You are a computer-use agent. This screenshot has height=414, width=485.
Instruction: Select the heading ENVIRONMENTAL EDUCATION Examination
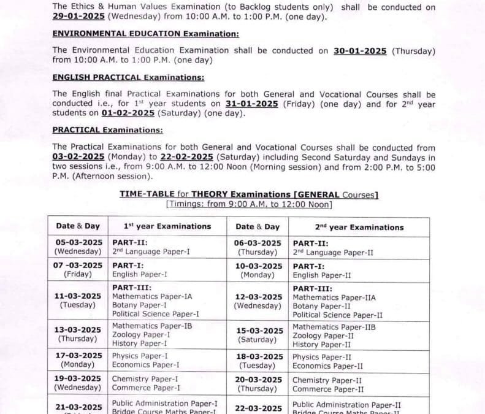coord(146,34)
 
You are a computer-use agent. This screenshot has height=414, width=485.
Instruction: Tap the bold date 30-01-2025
coord(360,51)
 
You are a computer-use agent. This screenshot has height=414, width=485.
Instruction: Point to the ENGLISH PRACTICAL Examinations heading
coord(128,77)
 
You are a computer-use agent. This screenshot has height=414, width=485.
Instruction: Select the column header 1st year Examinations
coord(167,226)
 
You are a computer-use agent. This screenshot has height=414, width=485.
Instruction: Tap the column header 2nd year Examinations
coord(359,227)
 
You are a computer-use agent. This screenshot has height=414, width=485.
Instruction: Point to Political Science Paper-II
coord(337,315)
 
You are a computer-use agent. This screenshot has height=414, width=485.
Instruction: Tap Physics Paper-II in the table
coord(321,357)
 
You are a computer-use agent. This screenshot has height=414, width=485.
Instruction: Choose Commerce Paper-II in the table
coord(328,389)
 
